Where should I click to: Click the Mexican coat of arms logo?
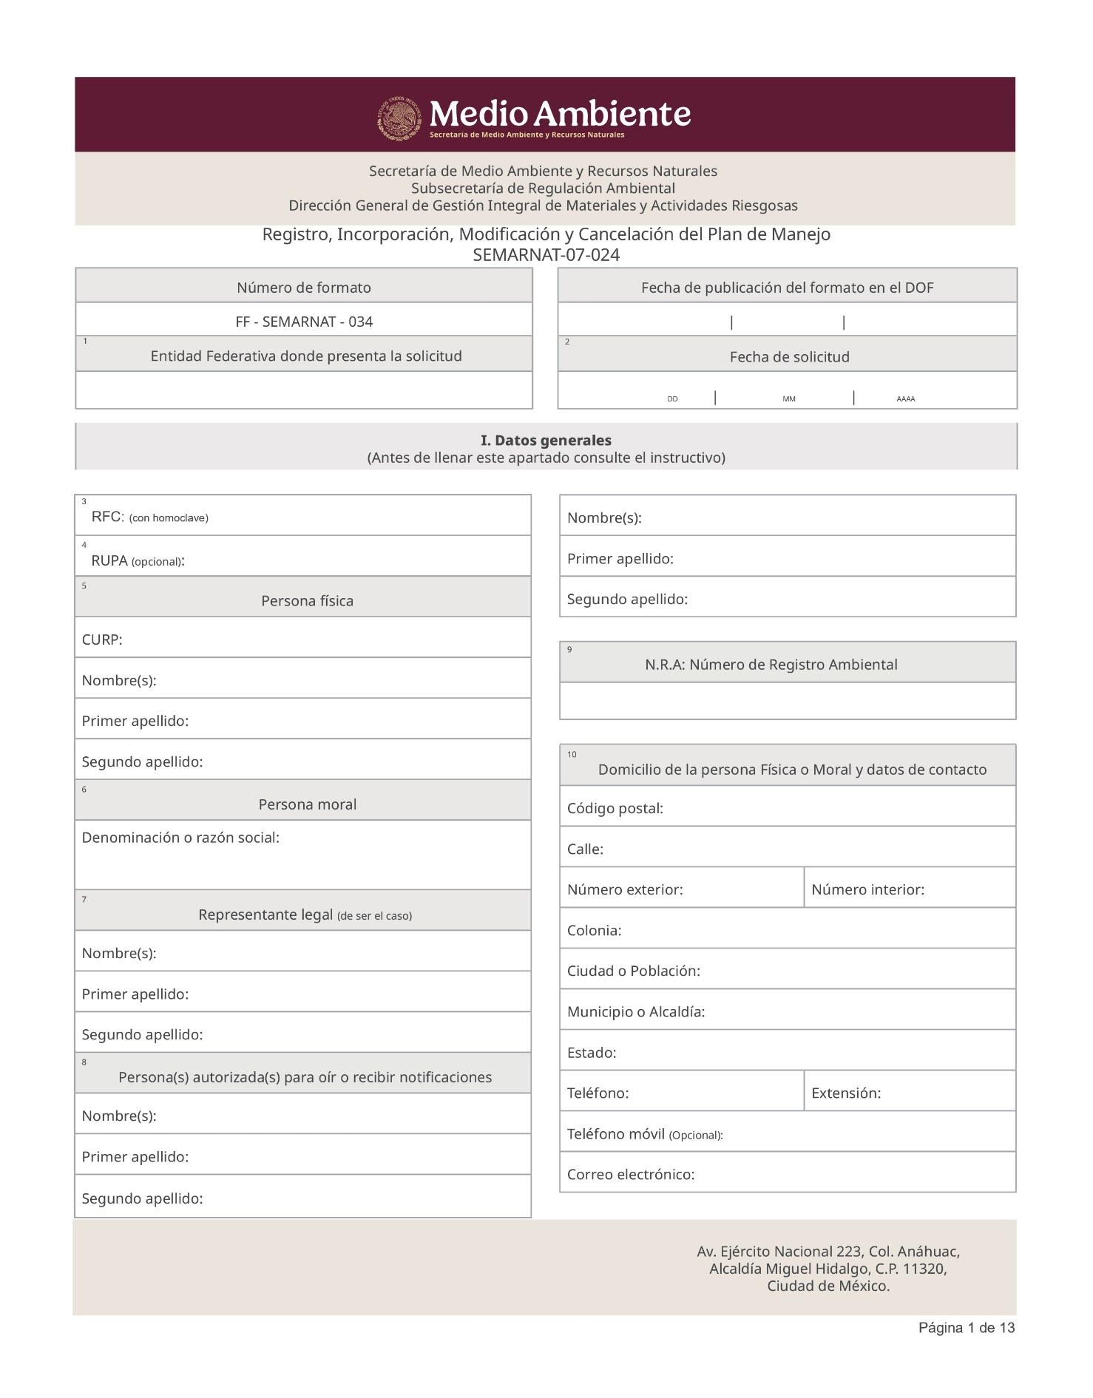(x=400, y=118)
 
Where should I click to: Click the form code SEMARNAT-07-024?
(x=546, y=255)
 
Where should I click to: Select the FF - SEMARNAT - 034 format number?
(x=304, y=322)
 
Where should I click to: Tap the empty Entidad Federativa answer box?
(x=304, y=390)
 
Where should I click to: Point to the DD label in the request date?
(x=672, y=399)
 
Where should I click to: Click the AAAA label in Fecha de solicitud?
(x=905, y=399)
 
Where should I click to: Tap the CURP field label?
(x=102, y=640)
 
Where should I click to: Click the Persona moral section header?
(x=307, y=804)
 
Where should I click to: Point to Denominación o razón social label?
(x=180, y=838)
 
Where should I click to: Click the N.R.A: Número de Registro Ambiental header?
(x=771, y=665)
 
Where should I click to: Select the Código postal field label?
(x=615, y=809)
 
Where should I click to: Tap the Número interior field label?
(x=867, y=890)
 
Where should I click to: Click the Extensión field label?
(x=845, y=1093)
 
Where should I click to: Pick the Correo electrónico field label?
(x=630, y=1175)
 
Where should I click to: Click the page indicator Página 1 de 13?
(x=966, y=1328)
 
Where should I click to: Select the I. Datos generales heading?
(x=546, y=441)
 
